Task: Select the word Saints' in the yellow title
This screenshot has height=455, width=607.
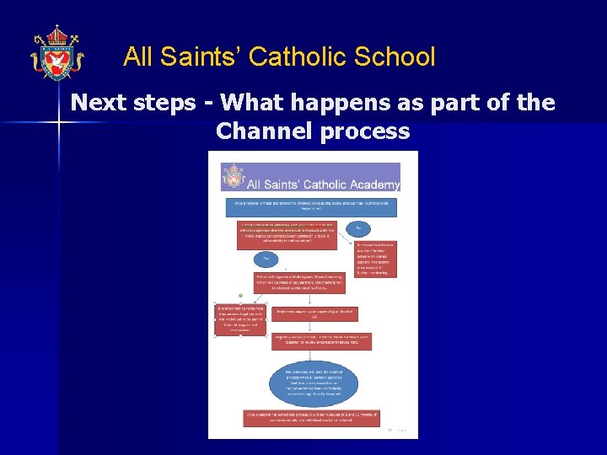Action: click(201, 57)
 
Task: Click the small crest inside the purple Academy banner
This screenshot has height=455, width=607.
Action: click(232, 178)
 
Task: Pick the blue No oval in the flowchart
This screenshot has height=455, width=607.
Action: click(358, 228)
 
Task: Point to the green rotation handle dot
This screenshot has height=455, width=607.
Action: click(240, 295)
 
